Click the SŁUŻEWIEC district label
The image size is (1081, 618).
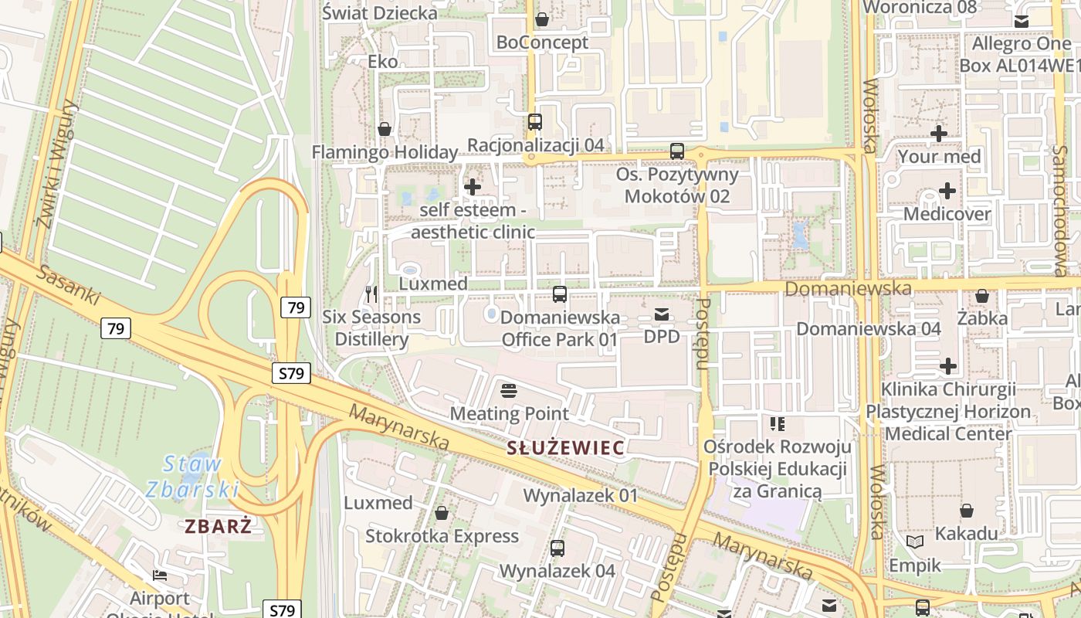566,447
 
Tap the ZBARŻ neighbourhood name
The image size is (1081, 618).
219,527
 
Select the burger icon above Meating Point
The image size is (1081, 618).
508,390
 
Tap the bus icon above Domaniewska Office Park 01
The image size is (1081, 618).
560,294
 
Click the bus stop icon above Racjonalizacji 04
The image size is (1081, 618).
535,121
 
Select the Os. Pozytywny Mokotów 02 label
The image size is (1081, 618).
677,185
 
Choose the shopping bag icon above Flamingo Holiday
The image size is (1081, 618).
384,128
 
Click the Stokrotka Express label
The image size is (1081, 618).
442,535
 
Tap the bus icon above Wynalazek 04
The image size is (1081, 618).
557,548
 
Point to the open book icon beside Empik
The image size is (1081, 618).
915,542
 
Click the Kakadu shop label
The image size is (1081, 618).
966,533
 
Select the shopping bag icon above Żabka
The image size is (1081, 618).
982,295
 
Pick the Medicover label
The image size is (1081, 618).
947,213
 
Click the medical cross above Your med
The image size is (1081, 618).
939,133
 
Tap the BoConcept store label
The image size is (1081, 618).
542,42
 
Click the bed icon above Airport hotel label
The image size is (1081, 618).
160,575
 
